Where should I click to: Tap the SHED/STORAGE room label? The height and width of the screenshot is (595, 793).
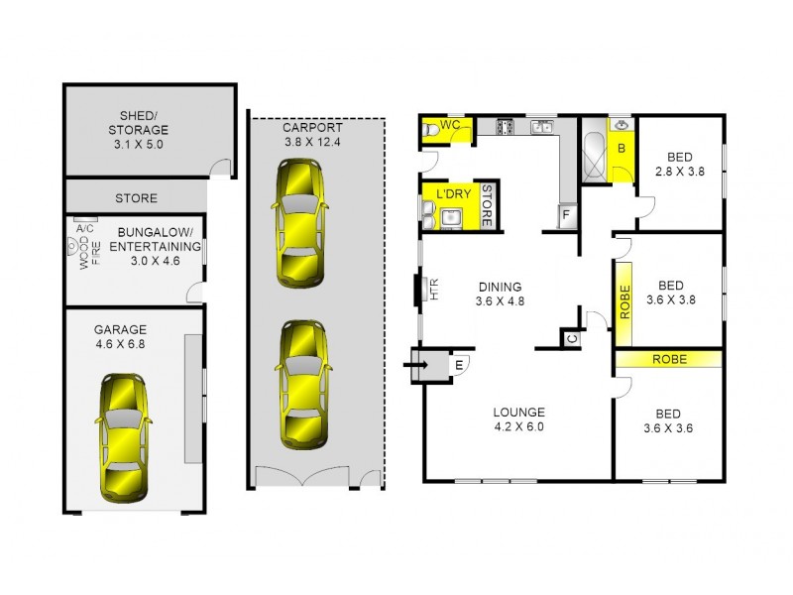138,130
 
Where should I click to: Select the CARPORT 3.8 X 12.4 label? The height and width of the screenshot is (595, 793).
312,134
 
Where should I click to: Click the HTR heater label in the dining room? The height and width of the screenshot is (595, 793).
433,291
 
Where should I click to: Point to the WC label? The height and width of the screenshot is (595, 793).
449,125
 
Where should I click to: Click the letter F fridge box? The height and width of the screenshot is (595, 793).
566,214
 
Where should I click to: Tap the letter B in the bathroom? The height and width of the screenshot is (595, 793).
621,149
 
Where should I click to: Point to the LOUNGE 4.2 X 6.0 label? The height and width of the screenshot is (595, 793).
519,420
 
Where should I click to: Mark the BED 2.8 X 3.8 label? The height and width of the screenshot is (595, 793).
679,164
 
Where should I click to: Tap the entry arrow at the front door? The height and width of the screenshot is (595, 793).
415,365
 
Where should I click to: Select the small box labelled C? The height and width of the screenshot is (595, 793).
572,338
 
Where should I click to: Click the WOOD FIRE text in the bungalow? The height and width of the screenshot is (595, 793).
82,261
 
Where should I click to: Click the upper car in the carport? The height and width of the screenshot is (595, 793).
300,223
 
